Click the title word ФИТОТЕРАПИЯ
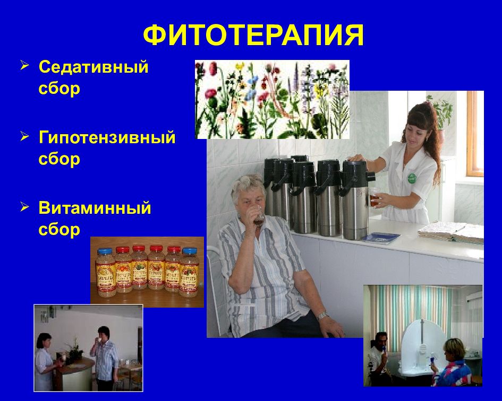(x=253, y=36)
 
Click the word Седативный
(x=93, y=67)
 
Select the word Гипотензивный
(x=107, y=137)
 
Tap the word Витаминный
(x=95, y=208)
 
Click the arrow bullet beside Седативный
(x=25, y=66)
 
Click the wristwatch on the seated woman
(x=322, y=315)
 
